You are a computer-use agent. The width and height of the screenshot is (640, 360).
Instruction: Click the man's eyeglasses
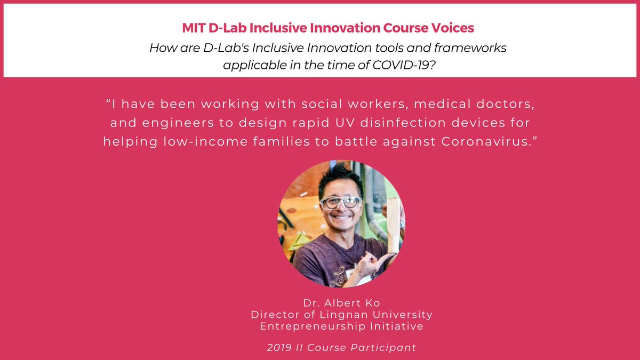[341, 203]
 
